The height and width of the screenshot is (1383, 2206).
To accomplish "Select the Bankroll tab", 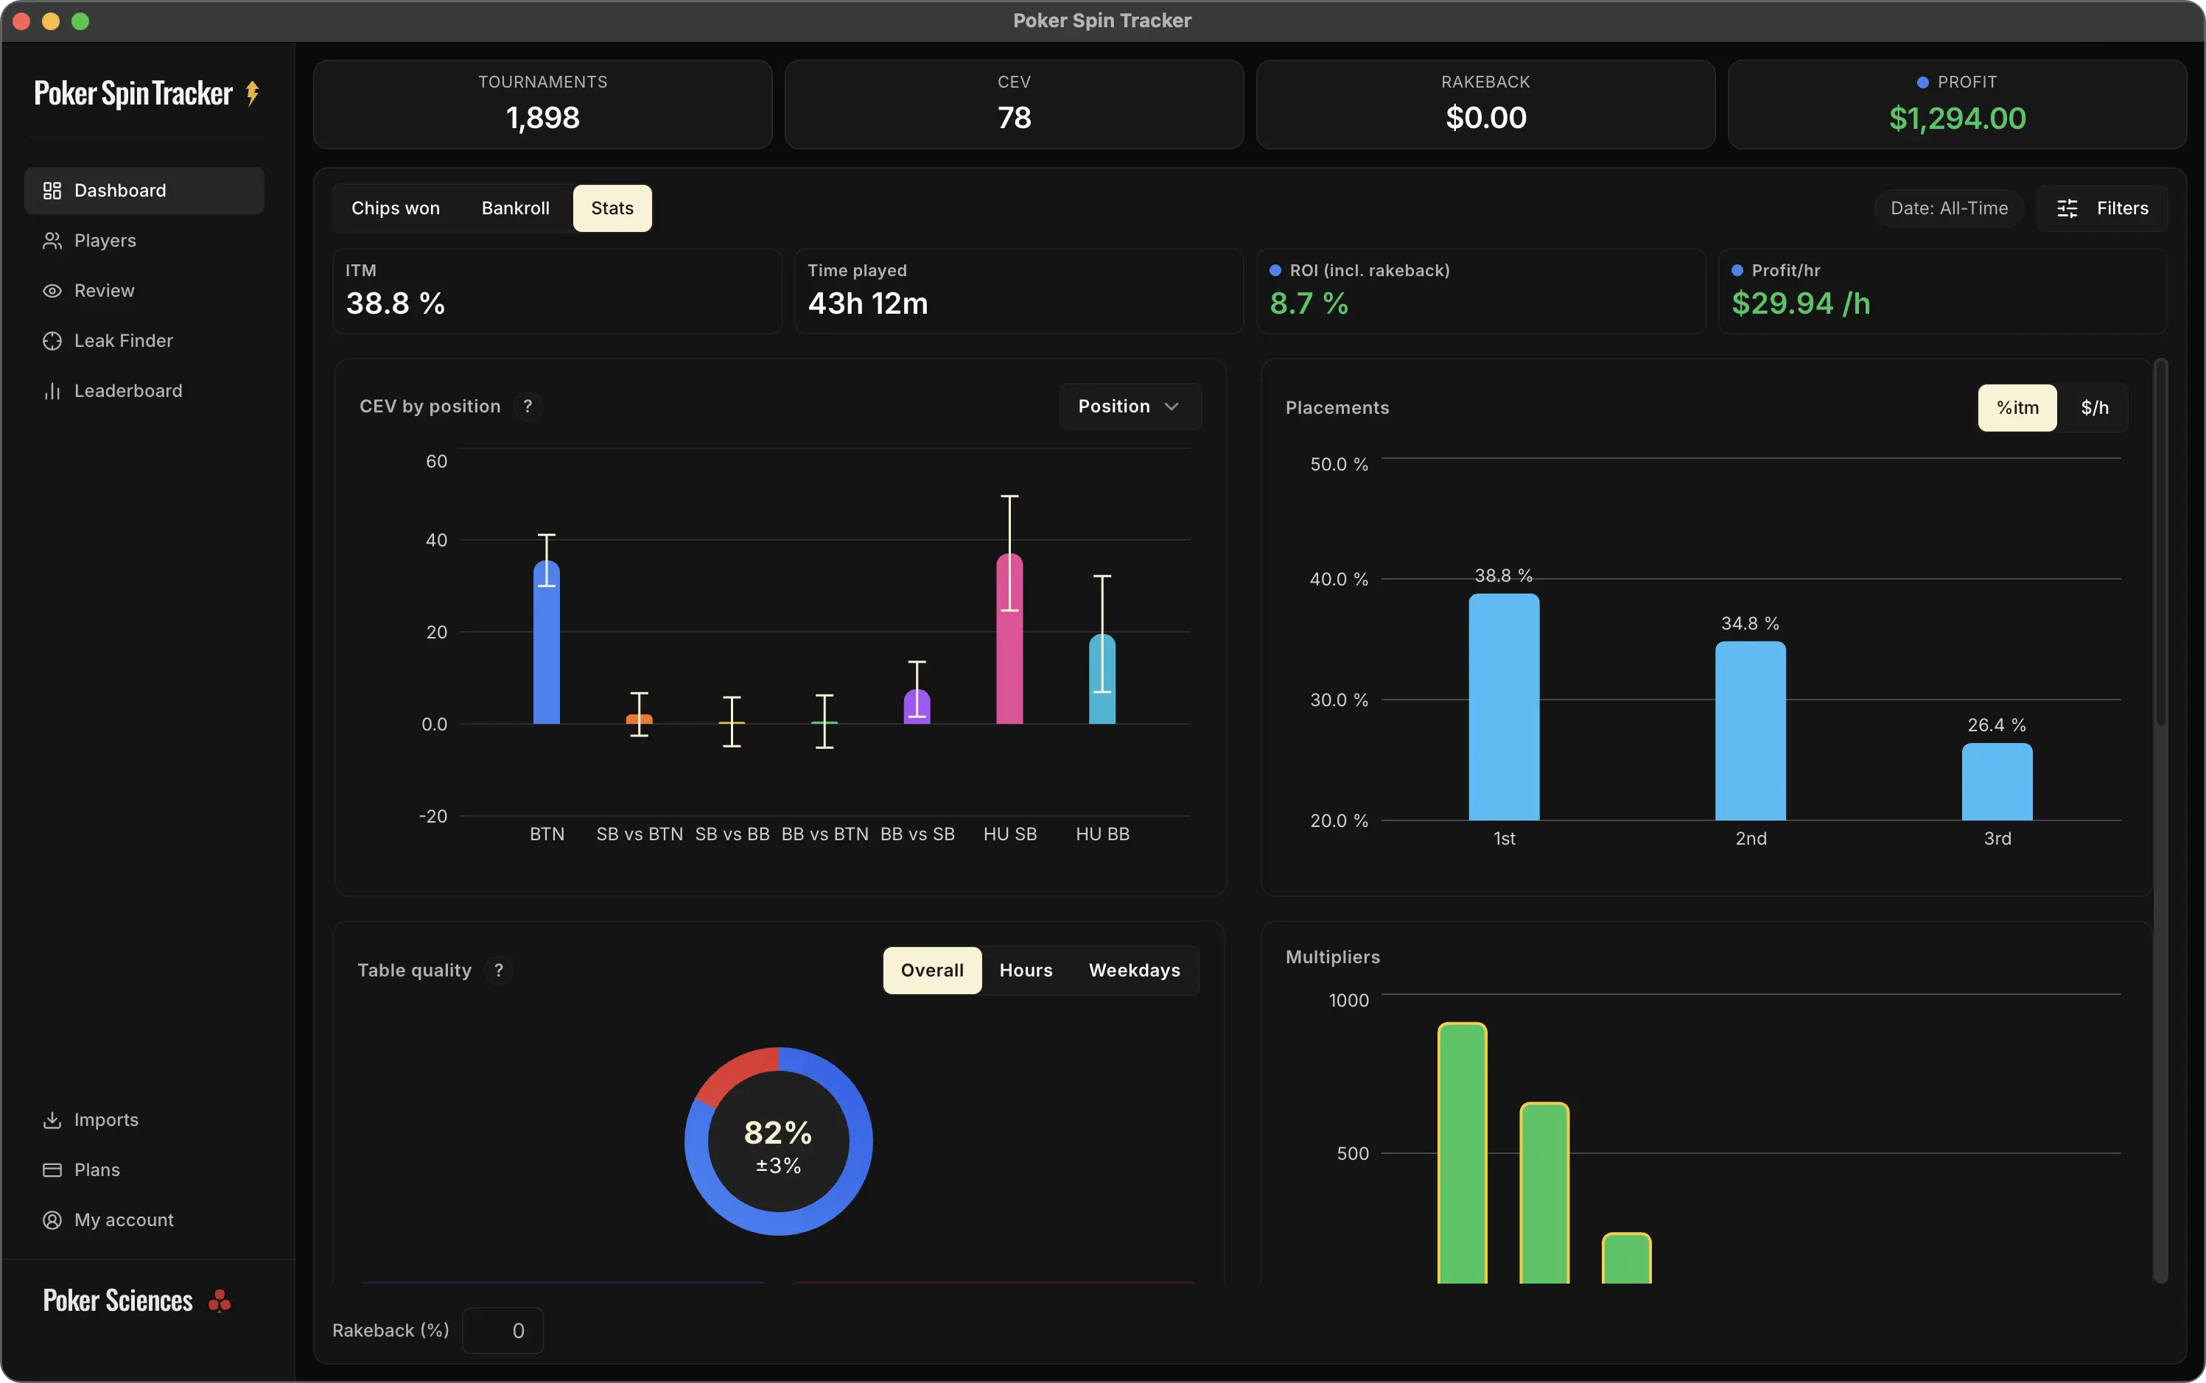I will [515, 208].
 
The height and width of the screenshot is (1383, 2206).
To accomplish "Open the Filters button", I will [2103, 208].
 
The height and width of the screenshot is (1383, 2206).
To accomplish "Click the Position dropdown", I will [1129, 406].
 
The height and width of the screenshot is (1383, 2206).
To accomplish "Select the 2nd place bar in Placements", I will [1749, 732].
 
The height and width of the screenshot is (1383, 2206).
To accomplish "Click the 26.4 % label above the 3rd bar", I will [1997, 725].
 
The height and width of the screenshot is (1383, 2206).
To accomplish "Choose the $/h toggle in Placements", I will [2094, 408].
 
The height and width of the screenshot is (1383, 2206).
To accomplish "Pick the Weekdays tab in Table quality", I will [1134, 971].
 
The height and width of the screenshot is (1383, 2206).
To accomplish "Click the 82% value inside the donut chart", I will [778, 1133].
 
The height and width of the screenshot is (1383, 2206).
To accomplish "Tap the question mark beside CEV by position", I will [528, 406].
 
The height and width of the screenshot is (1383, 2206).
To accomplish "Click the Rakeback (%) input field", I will [503, 1331].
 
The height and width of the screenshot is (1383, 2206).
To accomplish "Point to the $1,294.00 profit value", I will [1957, 118].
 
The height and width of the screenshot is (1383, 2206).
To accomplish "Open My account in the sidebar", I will [124, 1220].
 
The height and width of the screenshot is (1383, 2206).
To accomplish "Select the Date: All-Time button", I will [1949, 208].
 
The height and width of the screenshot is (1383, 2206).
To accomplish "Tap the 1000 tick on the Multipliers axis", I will [1348, 1001].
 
